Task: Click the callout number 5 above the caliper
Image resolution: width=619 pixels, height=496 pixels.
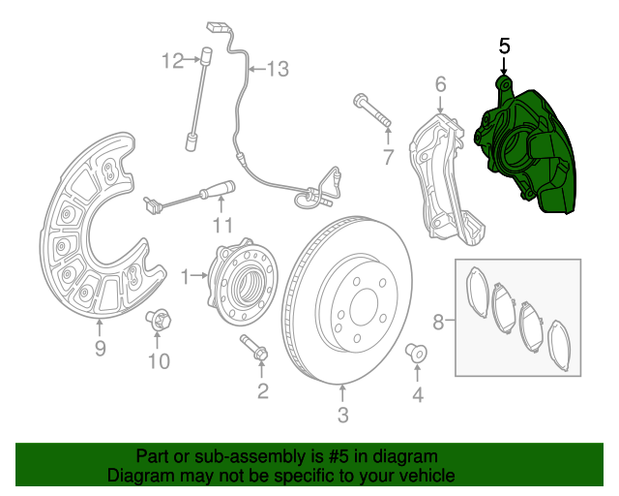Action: (503, 46)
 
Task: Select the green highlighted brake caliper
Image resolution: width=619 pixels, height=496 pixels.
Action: (527, 150)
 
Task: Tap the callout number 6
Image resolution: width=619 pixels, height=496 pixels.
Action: (440, 84)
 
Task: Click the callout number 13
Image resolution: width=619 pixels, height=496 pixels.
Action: (278, 69)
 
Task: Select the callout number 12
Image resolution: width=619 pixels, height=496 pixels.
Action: (172, 62)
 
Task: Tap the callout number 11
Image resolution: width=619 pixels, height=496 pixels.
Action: (223, 226)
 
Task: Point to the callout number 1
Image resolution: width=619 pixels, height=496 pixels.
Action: (184, 277)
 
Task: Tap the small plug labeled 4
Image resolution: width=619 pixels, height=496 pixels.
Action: (417, 352)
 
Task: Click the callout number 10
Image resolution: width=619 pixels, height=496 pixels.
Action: (159, 361)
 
